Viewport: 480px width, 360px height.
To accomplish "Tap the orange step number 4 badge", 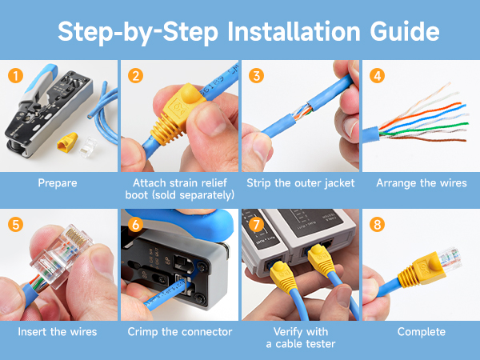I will tap(377, 77).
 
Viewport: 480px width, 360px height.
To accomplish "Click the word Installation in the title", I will tap(283, 32).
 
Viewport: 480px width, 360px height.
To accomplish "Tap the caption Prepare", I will tap(58, 183).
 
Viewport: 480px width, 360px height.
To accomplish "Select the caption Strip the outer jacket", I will tap(299, 183).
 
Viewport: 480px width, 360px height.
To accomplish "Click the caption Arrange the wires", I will tap(421, 183).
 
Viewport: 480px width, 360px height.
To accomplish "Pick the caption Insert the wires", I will tap(58, 331).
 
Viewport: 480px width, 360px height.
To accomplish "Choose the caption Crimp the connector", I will tap(179, 331).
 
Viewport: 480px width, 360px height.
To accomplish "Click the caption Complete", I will tap(421, 331).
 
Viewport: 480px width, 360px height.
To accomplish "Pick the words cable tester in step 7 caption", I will tap(314, 343).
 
